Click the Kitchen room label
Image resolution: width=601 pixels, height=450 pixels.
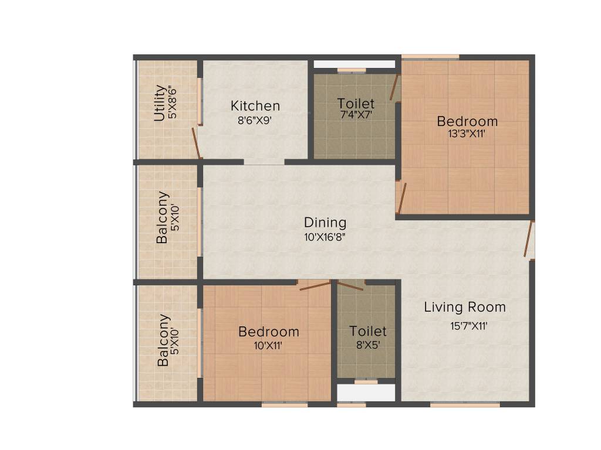point(255,106)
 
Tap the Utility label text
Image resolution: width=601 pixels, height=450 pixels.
point(159,103)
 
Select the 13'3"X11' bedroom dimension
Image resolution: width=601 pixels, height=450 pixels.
point(467,133)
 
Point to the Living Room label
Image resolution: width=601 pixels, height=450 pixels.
point(465,307)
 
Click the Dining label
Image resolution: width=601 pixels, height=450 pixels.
point(325,223)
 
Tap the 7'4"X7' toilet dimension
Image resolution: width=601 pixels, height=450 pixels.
point(356,116)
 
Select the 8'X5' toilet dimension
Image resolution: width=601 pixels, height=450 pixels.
point(368,345)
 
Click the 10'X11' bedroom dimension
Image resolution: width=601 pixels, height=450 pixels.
point(268,345)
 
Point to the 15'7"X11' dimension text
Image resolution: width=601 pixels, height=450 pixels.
point(465,326)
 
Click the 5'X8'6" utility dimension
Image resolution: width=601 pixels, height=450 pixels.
point(172,103)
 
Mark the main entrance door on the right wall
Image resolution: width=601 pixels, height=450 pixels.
point(529,240)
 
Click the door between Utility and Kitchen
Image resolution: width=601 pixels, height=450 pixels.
point(197,144)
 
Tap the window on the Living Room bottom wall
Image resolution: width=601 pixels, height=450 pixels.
point(465,404)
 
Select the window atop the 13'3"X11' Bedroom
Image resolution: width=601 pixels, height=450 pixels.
point(430,57)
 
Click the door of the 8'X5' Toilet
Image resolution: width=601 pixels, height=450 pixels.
point(352,285)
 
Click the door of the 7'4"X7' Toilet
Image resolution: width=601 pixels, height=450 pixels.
point(394,88)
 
